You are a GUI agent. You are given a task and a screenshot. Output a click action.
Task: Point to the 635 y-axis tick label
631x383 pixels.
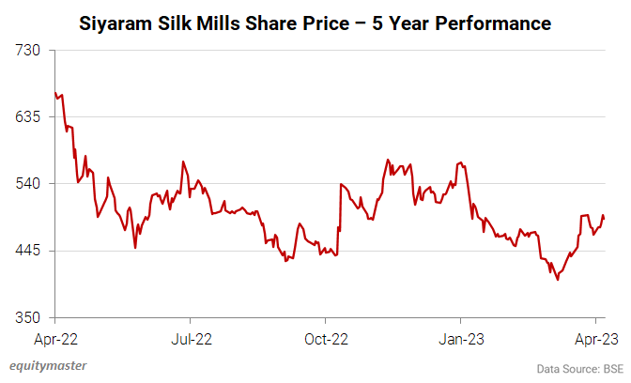(x=34, y=116)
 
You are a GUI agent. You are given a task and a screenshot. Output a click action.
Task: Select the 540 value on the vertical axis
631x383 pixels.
(x=34, y=183)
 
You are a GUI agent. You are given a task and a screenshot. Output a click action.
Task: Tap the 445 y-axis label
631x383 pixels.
(x=34, y=250)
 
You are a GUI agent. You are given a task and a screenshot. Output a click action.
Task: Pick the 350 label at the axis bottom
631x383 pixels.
(x=34, y=316)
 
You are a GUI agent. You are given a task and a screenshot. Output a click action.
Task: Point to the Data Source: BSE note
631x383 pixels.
(x=579, y=367)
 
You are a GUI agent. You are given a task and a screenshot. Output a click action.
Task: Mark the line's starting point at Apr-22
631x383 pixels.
(x=55, y=92)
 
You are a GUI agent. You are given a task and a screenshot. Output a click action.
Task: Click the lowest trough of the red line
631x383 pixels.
(x=558, y=280)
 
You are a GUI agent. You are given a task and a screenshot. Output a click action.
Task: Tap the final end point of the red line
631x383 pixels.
(x=604, y=219)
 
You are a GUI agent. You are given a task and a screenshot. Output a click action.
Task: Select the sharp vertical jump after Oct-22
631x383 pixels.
(x=340, y=207)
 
